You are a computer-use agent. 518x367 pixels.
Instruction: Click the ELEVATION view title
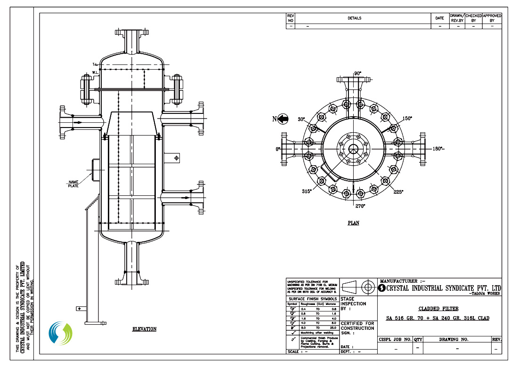[x=144, y=329]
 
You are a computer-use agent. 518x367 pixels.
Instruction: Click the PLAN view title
[x=353, y=223]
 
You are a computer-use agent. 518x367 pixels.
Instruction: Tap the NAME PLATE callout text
[x=73, y=183]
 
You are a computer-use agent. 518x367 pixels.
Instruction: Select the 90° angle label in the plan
[x=357, y=73]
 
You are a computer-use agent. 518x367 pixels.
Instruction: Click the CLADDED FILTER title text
[x=438, y=309]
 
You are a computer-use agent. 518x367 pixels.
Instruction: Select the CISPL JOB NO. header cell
[x=395, y=339]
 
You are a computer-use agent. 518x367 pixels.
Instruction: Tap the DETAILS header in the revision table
[x=354, y=18]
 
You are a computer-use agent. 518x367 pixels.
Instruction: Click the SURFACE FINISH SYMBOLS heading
[x=313, y=299]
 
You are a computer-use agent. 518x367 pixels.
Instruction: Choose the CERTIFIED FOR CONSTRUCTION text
[x=357, y=326]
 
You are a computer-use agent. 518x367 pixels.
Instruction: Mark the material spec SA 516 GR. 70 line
[x=437, y=319]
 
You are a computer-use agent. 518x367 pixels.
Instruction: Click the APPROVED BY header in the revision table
[x=492, y=18]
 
